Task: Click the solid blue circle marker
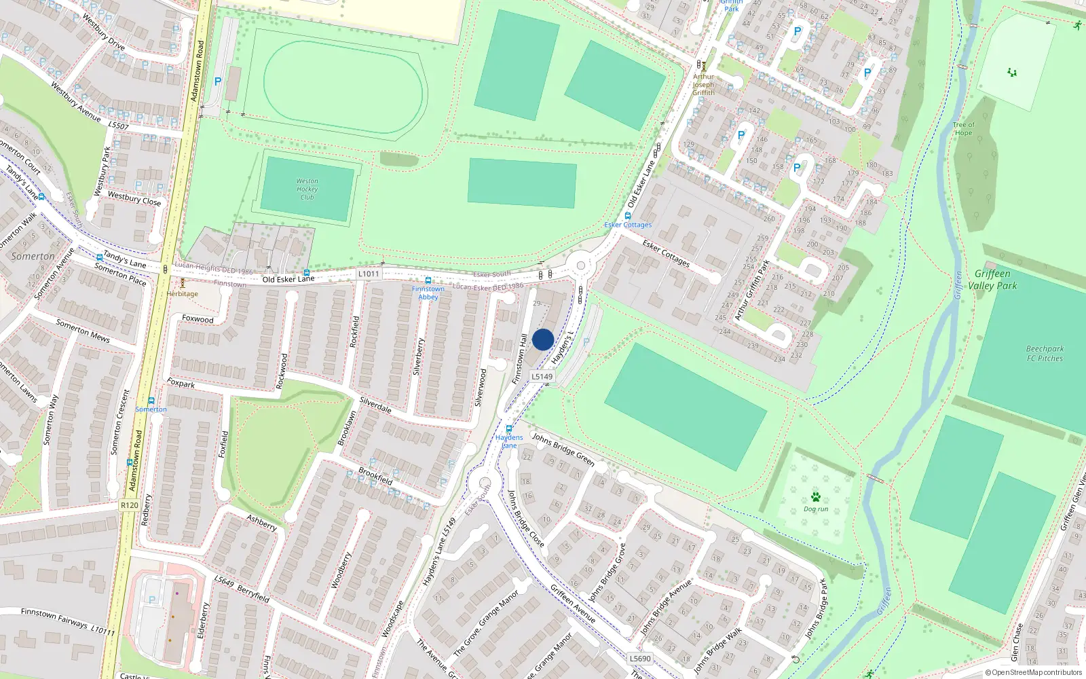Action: pyautogui.click(x=543, y=339)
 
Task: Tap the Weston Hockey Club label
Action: pyautogui.click(x=307, y=189)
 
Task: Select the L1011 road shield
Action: pyautogui.click(x=369, y=274)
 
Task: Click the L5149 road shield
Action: pyautogui.click(x=542, y=376)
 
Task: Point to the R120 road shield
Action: pyautogui.click(x=130, y=505)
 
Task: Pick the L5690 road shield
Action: pyautogui.click(x=640, y=658)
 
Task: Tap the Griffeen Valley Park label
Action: pyautogui.click(x=992, y=279)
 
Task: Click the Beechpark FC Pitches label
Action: pyautogui.click(x=1045, y=353)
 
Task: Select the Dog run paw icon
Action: pyautogui.click(x=816, y=497)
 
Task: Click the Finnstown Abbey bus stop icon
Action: pyautogui.click(x=428, y=280)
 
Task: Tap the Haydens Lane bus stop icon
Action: pyautogui.click(x=509, y=428)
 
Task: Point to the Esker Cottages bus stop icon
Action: pyautogui.click(x=628, y=216)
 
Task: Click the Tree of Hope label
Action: pyautogui.click(x=963, y=128)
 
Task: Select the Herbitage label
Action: pyautogui.click(x=183, y=293)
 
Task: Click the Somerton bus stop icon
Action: pyautogui.click(x=151, y=401)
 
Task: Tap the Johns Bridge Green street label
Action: pyautogui.click(x=563, y=449)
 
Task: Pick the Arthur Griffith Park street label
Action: pyautogui.click(x=752, y=290)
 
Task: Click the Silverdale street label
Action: pyautogui.click(x=375, y=405)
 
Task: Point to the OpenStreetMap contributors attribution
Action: pyautogui.click(x=1033, y=672)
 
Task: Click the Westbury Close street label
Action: pyautogui.click(x=134, y=198)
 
